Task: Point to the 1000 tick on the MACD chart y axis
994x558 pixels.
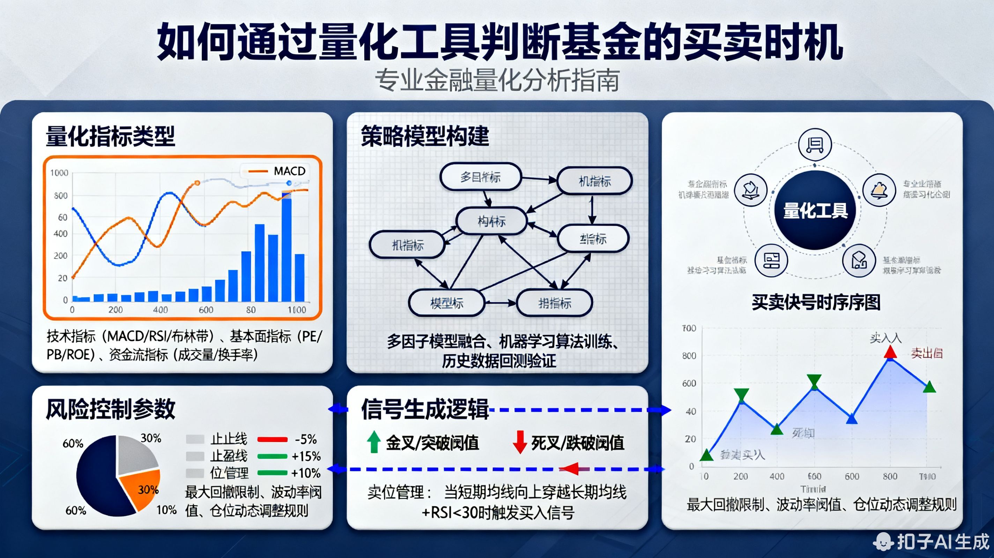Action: point(59,173)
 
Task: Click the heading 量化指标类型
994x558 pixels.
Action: point(110,136)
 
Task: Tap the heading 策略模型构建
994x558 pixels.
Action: point(425,136)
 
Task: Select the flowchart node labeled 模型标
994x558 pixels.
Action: point(446,303)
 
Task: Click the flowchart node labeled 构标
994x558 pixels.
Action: point(491,221)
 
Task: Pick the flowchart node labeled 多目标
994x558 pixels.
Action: point(480,177)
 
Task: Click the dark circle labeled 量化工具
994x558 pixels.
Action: point(815,211)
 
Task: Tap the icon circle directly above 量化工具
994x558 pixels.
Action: point(815,144)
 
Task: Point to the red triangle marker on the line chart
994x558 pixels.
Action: point(890,352)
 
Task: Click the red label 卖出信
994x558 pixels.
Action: point(927,353)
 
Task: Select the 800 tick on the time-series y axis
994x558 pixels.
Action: point(689,355)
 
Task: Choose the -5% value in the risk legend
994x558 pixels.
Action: point(306,439)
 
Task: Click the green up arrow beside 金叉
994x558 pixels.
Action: point(373,442)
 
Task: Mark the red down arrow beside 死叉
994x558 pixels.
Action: point(520,442)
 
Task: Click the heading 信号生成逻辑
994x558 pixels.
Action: point(425,409)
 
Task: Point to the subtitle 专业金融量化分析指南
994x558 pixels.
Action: point(497,81)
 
